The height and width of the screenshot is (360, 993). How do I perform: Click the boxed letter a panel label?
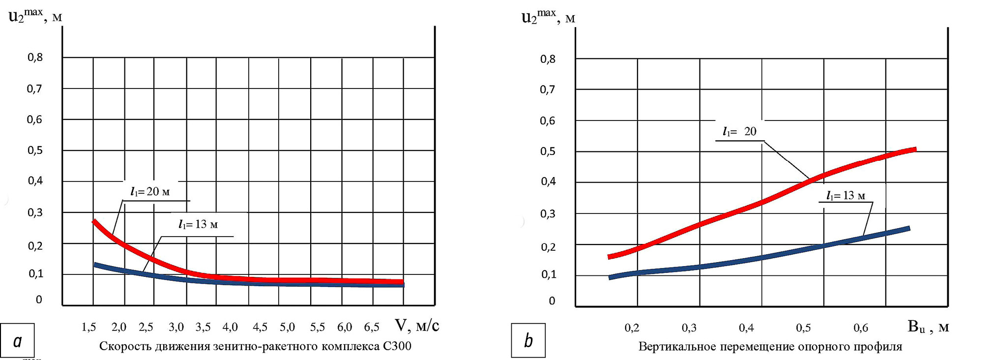click(x=17, y=340)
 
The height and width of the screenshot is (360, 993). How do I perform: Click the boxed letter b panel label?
click(x=528, y=340)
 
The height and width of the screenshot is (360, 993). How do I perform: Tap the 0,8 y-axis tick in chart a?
click(x=35, y=58)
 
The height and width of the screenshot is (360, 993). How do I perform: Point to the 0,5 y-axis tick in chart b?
click(x=548, y=151)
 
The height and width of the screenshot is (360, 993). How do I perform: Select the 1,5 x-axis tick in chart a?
click(x=88, y=327)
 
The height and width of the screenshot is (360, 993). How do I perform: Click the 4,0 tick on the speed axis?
click(x=230, y=327)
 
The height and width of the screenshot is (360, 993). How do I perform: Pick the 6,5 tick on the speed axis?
click(x=372, y=327)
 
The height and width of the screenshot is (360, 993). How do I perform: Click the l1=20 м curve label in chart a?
click(x=150, y=192)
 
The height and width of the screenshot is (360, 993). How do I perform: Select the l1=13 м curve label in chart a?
click(x=198, y=225)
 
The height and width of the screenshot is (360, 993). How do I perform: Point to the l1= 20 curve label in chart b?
click(x=739, y=132)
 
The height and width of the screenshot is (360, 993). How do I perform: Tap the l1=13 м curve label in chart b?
click(x=846, y=196)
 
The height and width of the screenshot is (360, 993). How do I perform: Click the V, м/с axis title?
click(x=417, y=326)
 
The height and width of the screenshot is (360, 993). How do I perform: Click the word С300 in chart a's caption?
click(x=397, y=346)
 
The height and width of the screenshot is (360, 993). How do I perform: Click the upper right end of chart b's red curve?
click(x=914, y=150)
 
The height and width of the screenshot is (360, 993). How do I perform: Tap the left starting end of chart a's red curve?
click(x=94, y=222)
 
